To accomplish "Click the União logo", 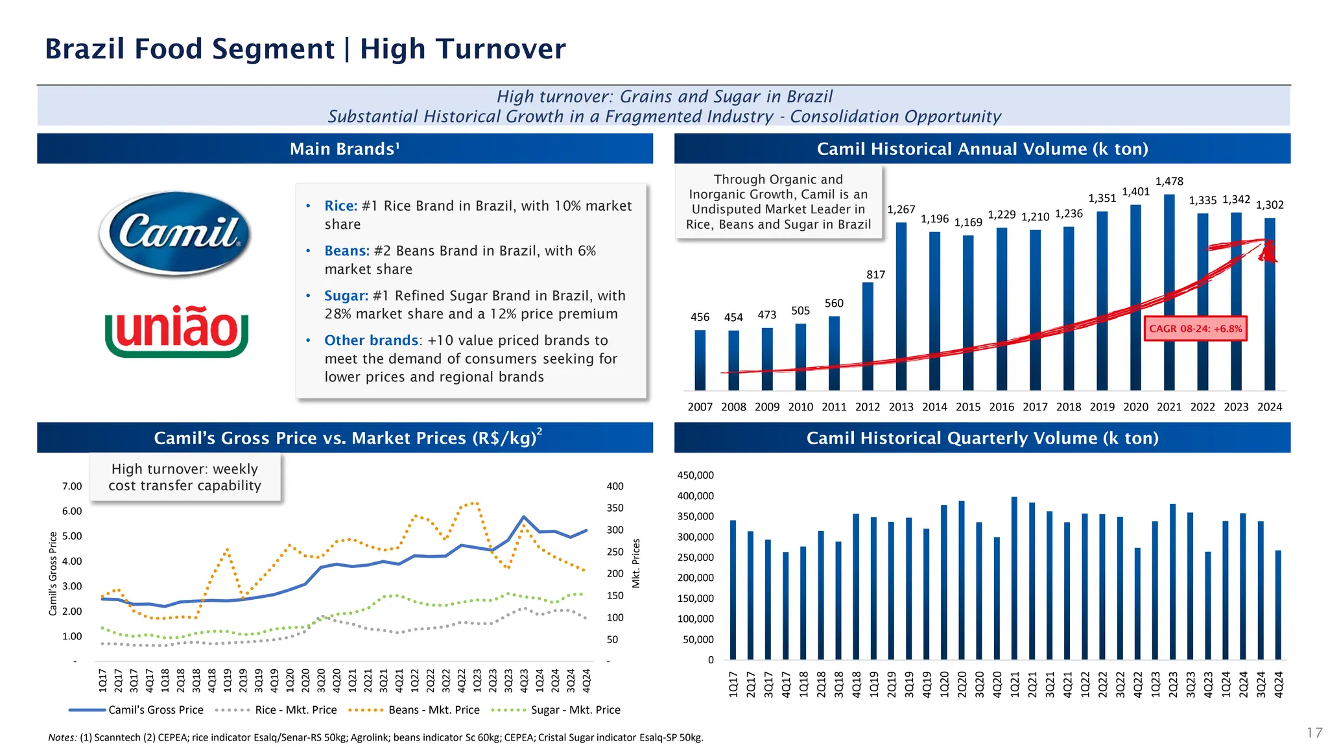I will click(x=176, y=330).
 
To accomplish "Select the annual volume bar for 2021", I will click(x=1169, y=292).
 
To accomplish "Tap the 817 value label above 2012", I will click(x=875, y=275).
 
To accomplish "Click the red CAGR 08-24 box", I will click(x=1195, y=329).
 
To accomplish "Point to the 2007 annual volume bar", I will click(x=700, y=360).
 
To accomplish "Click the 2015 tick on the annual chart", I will click(x=968, y=407).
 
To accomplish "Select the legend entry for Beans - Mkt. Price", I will click(x=434, y=710).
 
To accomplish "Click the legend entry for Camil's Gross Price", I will click(x=156, y=710).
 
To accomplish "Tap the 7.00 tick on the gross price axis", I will click(x=72, y=486).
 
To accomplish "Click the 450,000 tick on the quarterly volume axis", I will click(x=695, y=475).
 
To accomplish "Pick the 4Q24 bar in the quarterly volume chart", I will click(x=1278, y=605).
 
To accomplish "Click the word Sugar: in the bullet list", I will click(x=346, y=296).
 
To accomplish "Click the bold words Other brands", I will click(x=371, y=340).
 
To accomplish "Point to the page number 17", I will click(x=1314, y=733).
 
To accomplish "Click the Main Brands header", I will click(x=345, y=149).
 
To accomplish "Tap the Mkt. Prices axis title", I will click(x=636, y=563).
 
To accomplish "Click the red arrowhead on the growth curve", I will click(x=1268, y=251).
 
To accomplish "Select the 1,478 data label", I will click(x=1169, y=182).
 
